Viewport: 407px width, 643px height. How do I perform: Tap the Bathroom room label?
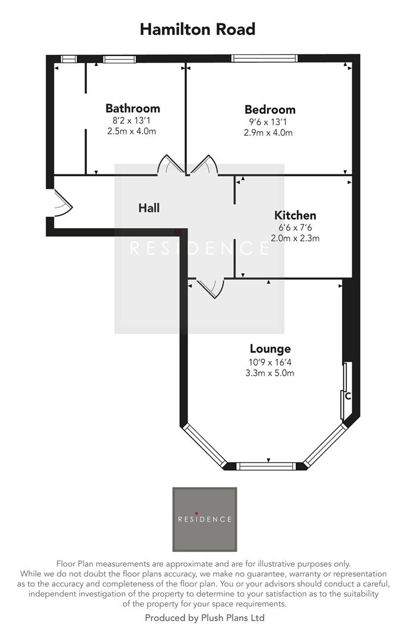point(133,108)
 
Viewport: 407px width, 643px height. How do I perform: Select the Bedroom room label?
point(270,110)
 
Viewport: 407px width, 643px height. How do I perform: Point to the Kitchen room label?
point(295,216)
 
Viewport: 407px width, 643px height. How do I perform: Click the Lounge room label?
point(270,349)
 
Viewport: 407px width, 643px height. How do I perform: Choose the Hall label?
point(149,208)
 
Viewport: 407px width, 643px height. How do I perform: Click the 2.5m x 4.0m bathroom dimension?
point(132,131)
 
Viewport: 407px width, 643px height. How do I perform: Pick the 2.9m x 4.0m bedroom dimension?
point(268,133)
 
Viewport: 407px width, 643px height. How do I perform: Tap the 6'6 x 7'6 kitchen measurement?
point(295,227)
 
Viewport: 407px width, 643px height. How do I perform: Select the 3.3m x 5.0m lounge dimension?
point(270,373)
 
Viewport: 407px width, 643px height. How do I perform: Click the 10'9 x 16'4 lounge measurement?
point(270,361)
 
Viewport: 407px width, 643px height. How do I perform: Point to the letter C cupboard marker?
point(348,396)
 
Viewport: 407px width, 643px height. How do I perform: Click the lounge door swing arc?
point(211,288)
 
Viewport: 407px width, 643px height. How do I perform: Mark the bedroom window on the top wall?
point(258,58)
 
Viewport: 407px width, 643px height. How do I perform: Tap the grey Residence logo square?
point(204,519)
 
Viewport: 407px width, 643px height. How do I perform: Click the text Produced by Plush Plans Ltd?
point(204,618)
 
